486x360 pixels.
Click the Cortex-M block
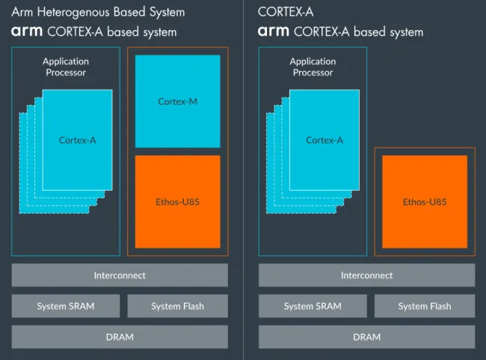177,101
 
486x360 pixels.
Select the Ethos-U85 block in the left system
177,201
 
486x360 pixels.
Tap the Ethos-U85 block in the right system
425,201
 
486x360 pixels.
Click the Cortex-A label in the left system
77,140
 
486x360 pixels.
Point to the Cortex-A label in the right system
324,140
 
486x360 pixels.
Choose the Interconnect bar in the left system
120,275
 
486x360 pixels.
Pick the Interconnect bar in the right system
366,275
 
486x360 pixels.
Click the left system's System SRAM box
66,306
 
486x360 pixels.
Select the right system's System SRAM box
313,306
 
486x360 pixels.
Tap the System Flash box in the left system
177,306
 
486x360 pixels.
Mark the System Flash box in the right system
425,306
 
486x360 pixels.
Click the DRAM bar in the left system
120,337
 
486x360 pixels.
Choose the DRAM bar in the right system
366,337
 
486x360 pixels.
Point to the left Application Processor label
65,67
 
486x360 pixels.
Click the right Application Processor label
313,67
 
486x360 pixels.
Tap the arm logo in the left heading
27,32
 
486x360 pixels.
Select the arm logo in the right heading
274,32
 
